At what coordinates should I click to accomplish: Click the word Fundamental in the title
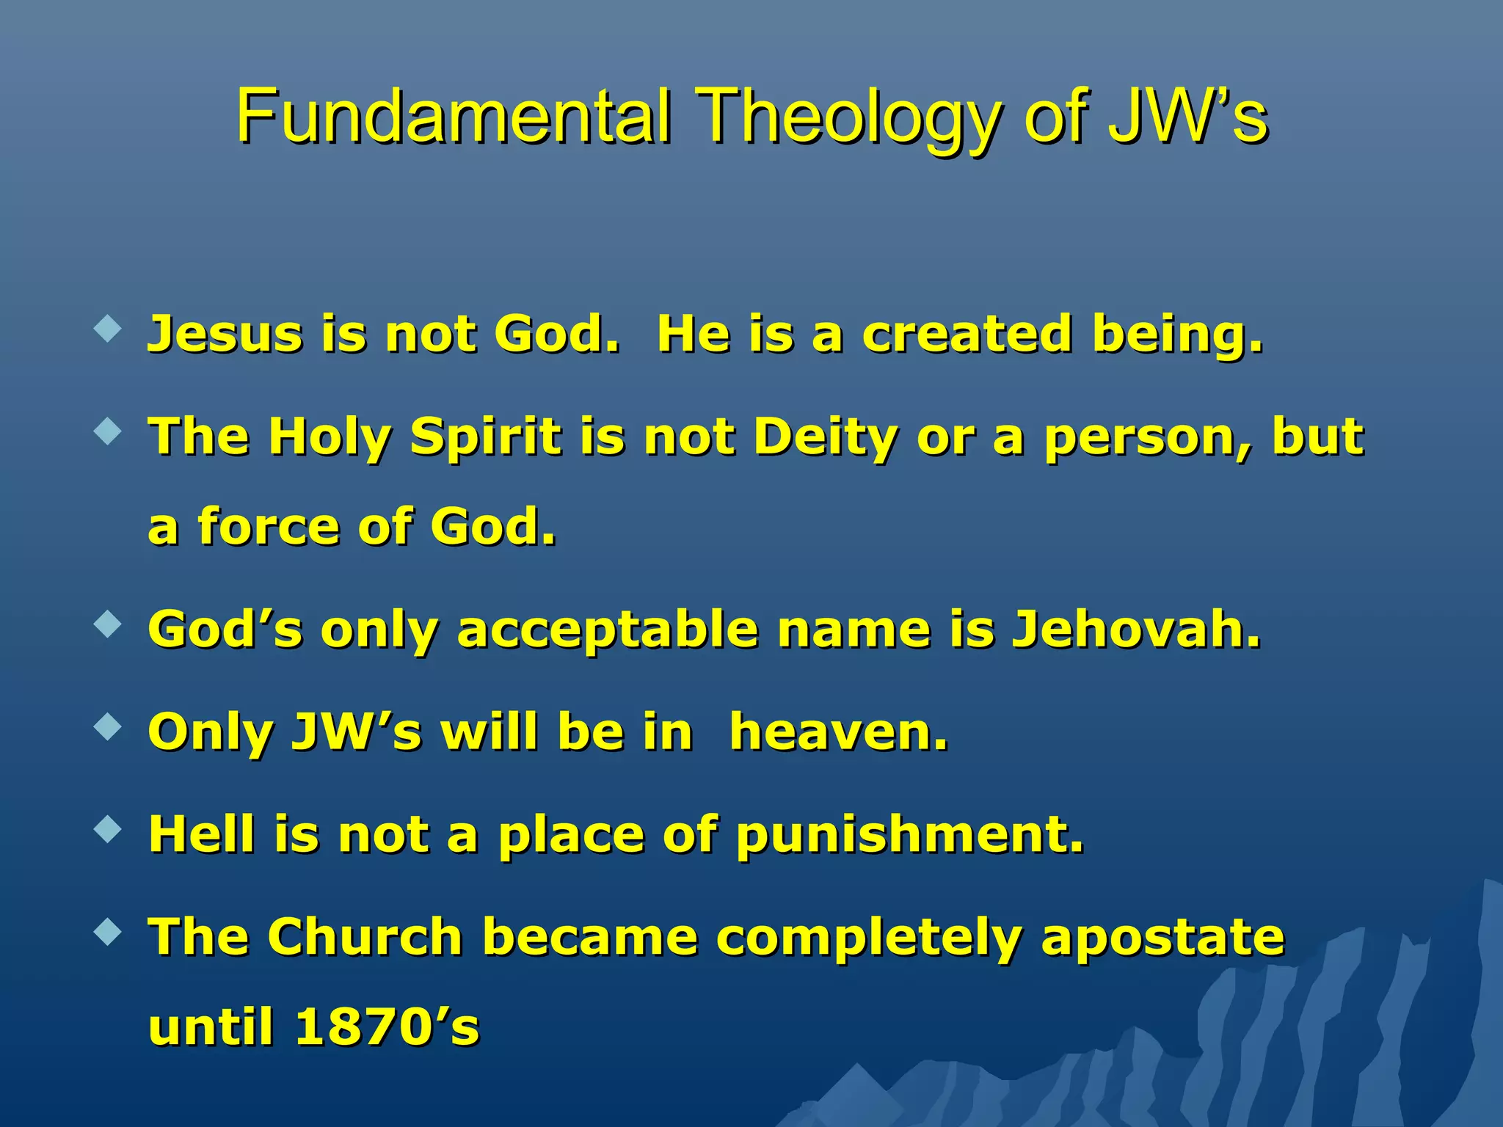point(453,116)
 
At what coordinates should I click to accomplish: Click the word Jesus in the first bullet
point(225,335)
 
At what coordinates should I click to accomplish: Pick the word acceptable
point(607,631)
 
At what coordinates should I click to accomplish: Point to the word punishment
point(909,836)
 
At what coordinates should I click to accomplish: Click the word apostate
point(1162,939)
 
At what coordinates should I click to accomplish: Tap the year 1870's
point(387,1026)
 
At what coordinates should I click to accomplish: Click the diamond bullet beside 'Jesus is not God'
point(108,329)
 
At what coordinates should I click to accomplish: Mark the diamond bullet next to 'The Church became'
point(108,933)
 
